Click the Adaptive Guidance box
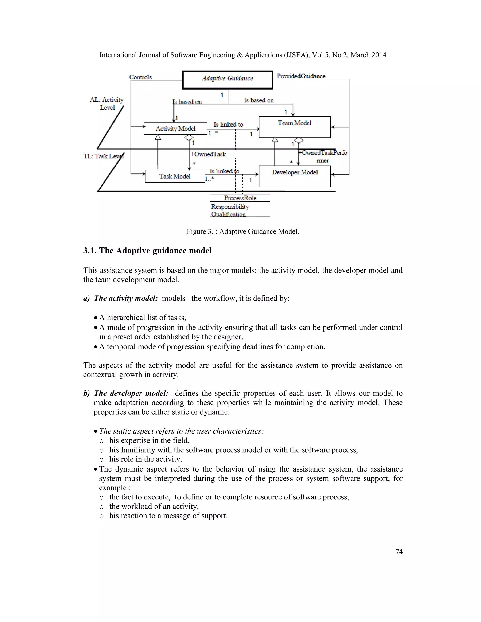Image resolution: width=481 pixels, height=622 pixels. (x=227, y=80)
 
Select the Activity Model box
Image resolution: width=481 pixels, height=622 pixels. (x=175, y=128)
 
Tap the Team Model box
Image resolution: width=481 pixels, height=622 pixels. (x=295, y=127)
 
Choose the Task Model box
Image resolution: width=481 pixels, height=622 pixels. (x=175, y=176)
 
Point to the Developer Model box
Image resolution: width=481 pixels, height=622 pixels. (x=295, y=176)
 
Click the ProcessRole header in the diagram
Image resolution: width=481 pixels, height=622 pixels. (x=240, y=198)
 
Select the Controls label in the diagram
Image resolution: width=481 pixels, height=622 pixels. (x=140, y=77)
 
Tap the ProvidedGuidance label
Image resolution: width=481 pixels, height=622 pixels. (x=301, y=76)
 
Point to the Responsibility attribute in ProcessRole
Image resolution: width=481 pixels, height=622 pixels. (x=230, y=207)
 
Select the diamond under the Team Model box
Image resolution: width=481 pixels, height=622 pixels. (x=299, y=140)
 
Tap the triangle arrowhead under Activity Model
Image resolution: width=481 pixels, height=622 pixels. (x=158, y=137)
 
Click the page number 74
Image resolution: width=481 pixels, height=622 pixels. (x=399, y=552)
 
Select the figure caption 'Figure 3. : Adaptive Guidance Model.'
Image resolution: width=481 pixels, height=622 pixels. (x=243, y=231)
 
